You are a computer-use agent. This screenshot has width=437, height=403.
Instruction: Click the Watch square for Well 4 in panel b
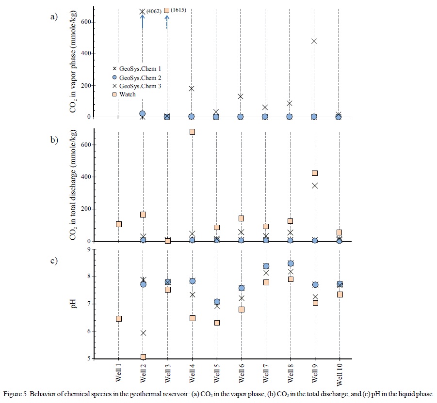click(x=192, y=132)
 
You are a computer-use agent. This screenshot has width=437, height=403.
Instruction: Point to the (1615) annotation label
click(x=178, y=10)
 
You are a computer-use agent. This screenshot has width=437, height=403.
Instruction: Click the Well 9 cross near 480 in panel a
click(x=314, y=41)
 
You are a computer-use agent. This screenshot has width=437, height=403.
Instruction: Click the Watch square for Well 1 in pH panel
click(x=118, y=319)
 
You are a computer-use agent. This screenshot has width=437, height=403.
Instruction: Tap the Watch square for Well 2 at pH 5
click(x=143, y=357)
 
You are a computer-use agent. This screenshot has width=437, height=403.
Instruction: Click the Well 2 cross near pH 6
click(x=143, y=333)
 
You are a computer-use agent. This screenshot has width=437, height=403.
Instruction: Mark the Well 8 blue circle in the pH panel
click(x=290, y=263)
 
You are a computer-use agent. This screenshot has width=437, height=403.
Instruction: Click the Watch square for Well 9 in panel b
click(x=315, y=173)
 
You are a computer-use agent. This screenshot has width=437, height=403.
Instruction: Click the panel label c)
click(x=54, y=261)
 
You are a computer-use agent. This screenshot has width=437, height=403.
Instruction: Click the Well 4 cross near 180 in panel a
click(x=192, y=89)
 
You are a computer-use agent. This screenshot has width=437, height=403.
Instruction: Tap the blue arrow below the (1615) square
click(x=167, y=21)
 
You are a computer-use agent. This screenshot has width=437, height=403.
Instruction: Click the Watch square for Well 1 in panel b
click(x=118, y=224)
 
